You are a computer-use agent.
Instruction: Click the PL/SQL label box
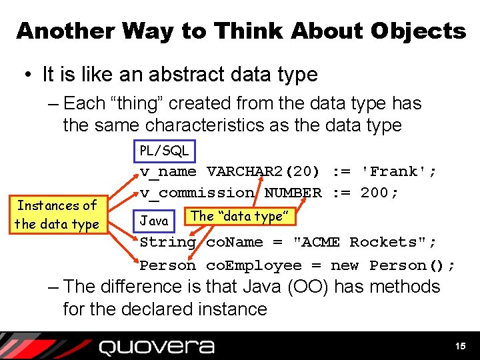pos(164,151)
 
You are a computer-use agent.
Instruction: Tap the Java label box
pos(154,220)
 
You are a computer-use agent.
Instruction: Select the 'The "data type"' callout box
pos(239,216)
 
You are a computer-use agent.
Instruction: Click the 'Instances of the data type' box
pos(57,215)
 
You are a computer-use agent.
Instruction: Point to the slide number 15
pos(460,346)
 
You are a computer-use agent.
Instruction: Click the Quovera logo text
pos(157,347)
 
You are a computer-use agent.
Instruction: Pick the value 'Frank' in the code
pos(395,172)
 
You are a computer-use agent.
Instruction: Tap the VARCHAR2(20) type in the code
pos(269,172)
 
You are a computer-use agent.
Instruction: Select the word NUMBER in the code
pos(293,193)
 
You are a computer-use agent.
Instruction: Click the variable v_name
pos(168,172)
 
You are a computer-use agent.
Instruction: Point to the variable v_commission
pos(197,193)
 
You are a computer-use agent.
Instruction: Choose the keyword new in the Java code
pos(345,265)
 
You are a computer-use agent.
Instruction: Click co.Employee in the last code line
pos(253,265)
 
